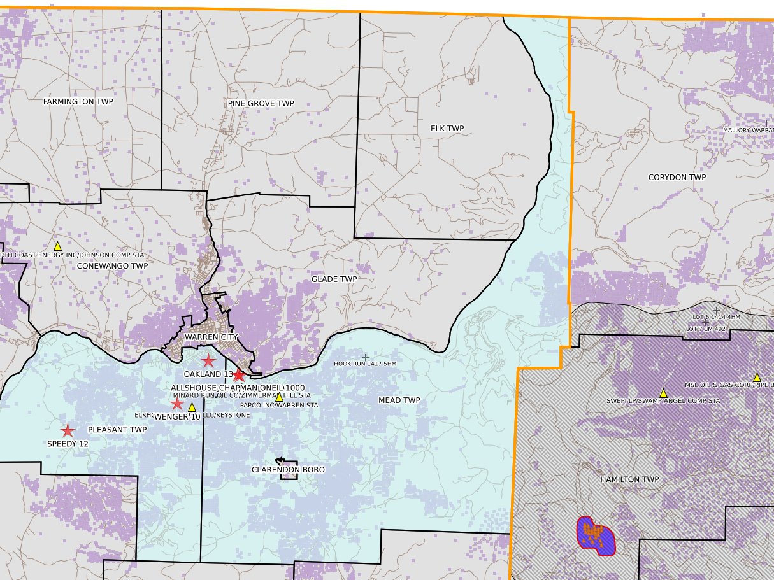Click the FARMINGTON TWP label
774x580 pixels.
tap(78, 102)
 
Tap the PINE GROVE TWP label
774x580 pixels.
tap(261, 103)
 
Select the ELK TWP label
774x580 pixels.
tap(447, 129)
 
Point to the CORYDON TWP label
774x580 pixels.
tap(677, 178)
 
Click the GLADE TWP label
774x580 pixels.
tap(334, 279)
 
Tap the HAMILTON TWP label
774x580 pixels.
tap(629, 479)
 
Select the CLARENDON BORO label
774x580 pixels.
tap(288, 470)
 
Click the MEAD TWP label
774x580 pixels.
tap(399, 400)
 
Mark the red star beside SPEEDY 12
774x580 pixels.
tap(68, 430)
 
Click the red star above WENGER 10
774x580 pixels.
tap(177, 404)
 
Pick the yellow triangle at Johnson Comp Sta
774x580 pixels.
tap(57, 246)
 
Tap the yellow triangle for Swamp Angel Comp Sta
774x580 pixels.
tap(663, 393)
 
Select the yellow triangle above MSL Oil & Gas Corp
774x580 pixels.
tap(757, 378)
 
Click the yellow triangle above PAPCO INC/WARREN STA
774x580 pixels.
tap(278, 397)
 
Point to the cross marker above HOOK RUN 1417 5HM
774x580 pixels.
tap(365, 357)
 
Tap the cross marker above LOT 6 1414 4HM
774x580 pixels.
tap(716, 309)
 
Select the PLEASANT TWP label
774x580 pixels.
tap(117, 430)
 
